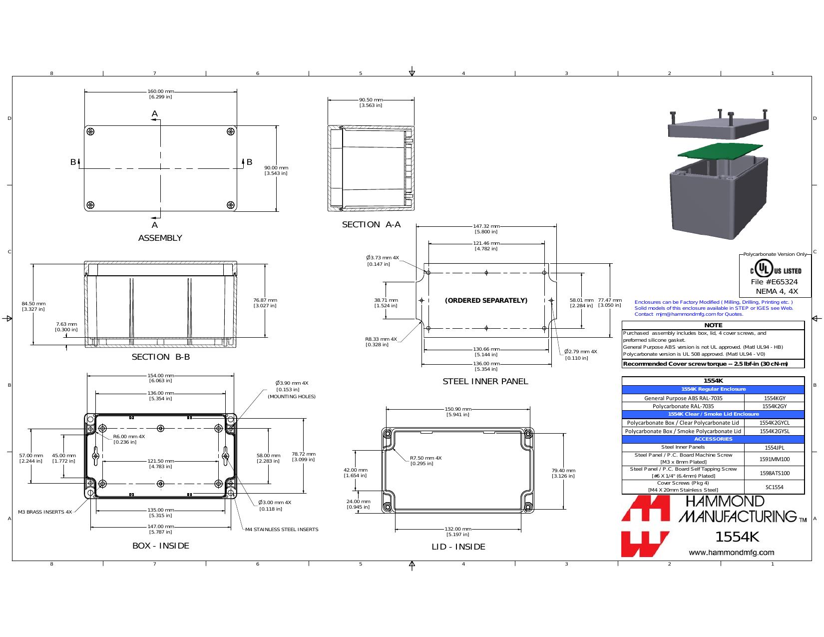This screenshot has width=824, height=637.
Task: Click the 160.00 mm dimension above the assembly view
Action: pos(160,94)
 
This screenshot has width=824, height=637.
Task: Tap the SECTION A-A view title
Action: pos(371,225)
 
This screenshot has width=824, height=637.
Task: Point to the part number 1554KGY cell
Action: pos(775,398)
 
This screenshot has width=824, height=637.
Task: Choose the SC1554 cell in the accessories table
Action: pos(775,487)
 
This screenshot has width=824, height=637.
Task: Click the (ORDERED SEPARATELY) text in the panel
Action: pos(486,300)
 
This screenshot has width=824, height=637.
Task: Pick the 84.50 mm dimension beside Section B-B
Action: pos(33,306)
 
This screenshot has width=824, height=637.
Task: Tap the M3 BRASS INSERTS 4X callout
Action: pos(45,512)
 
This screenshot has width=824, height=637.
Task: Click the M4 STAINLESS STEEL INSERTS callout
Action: pos(282,529)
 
